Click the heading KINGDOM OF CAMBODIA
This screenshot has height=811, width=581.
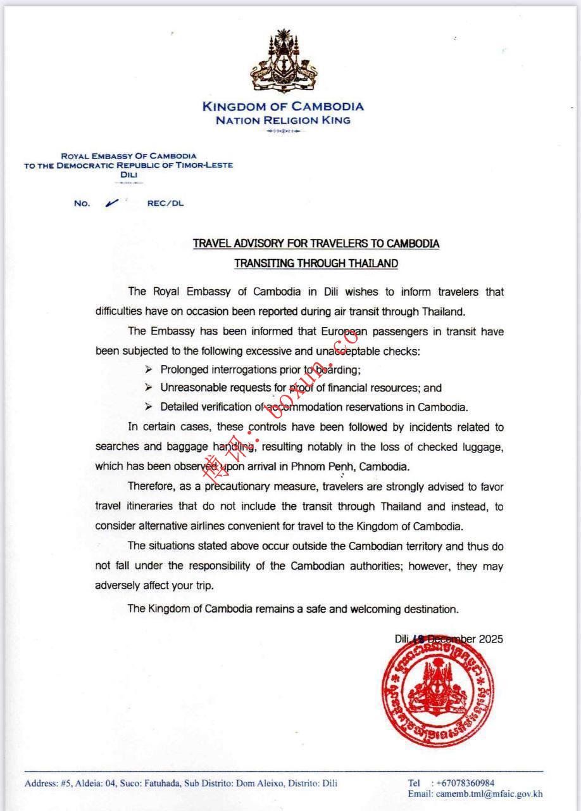click(x=283, y=106)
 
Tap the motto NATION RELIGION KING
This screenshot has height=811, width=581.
click(x=283, y=120)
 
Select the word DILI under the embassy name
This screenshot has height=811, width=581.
click(x=128, y=174)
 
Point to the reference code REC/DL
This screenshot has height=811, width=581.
click(x=165, y=203)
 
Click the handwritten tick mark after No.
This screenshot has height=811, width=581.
click(x=113, y=203)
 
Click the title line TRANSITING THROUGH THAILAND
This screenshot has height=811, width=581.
click(x=316, y=264)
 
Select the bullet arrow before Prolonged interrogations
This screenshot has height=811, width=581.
click(x=148, y=369)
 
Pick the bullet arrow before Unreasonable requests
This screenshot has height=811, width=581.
click(x=148, y=388)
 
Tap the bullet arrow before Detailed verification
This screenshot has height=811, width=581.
click(x=148, y=407)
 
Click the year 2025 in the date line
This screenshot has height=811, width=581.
click(x=490, y=639)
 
